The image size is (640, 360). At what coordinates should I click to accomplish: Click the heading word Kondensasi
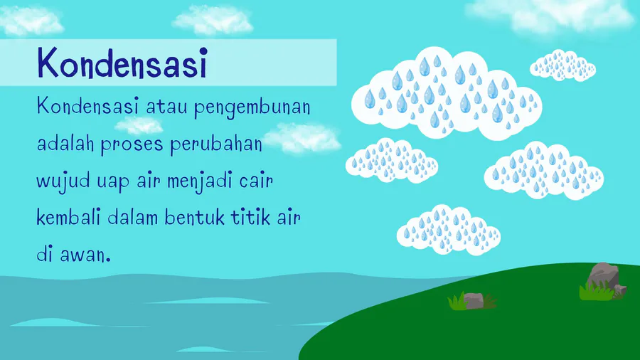coord(122,63)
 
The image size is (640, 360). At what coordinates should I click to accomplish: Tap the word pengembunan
coord(252,107)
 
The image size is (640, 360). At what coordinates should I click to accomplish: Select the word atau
coord(166,107)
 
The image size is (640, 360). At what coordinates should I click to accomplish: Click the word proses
coord(132,145)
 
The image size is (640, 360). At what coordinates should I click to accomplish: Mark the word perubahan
coord(216,144)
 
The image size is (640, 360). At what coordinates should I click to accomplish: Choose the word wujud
coord(63,181)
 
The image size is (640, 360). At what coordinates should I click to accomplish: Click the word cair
coord(256,181)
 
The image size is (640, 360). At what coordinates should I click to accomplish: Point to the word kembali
coord(68,217)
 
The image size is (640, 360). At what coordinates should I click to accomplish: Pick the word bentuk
coord(195,217)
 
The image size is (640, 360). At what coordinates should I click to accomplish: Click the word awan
coord(85,255)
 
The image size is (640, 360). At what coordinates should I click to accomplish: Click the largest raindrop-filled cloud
coord(447,93)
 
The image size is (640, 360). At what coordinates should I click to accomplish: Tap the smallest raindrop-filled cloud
coord(563,65)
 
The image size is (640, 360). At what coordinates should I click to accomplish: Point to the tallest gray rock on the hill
coord(603,275)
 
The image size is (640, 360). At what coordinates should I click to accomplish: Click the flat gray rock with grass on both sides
coord(474,301)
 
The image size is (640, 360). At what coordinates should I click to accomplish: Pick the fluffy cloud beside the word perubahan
coord(303,138)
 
